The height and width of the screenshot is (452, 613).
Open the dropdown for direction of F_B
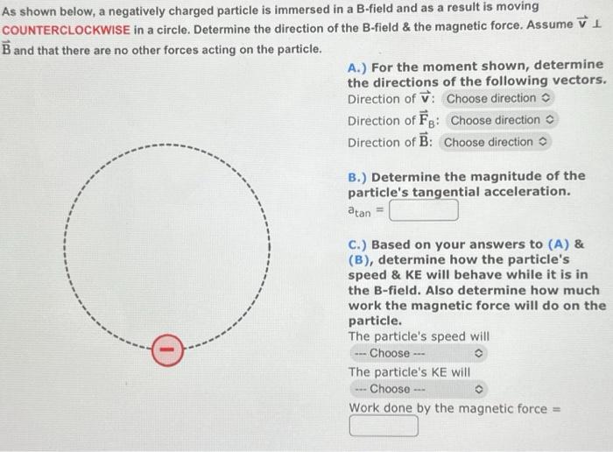(x=504, y=120)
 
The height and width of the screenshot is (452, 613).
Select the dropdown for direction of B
(x=497, y=142)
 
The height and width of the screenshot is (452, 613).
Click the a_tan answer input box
(x=424, y=211)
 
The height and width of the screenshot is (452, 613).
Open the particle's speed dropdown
(x=418, y=353)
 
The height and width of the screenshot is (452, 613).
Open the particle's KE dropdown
(x=418, y=389)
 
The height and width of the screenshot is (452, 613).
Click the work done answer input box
(x=384, y=427)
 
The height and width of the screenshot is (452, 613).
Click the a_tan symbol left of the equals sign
(x=359, y=211)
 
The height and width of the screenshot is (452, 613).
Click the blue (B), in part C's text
(x=363, y=260)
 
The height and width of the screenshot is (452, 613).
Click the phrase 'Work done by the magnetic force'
(x=445, y=408)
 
